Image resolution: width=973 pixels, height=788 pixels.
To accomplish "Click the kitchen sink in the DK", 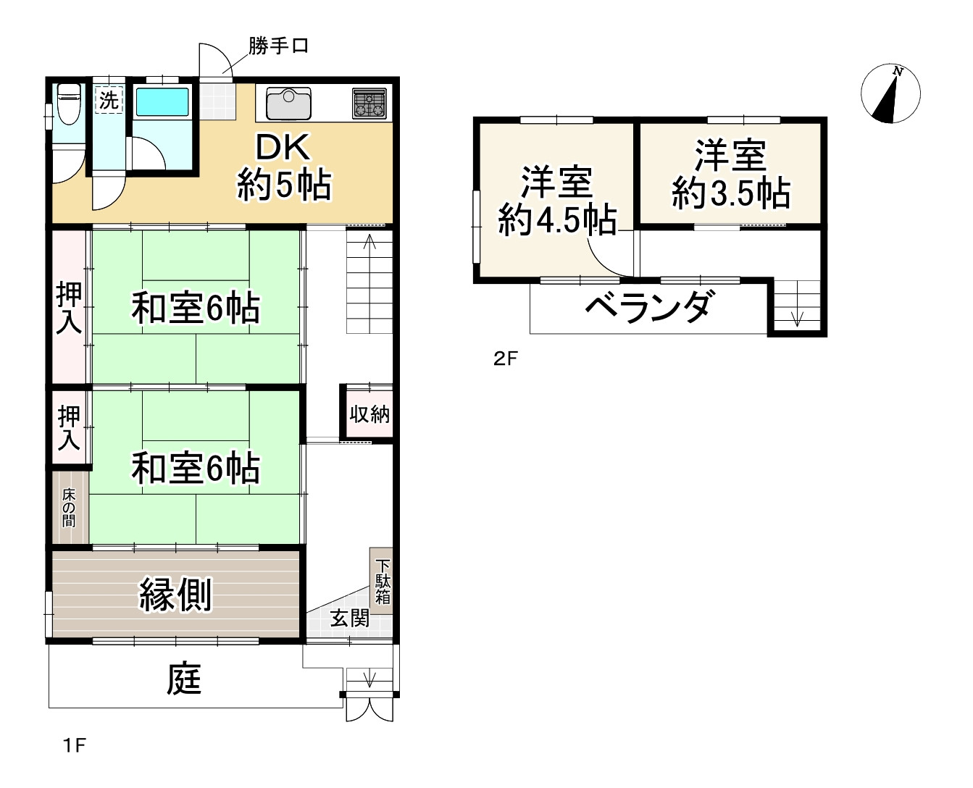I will [x=288, y=103].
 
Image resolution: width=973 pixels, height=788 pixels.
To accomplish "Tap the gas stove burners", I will [x=369, y=103].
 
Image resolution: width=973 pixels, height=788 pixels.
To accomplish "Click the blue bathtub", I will [x=162, y=101].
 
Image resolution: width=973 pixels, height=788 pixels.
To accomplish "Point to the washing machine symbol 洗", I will [x=109, y=100].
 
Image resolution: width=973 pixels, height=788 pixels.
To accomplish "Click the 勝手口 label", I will [x=278, y=46].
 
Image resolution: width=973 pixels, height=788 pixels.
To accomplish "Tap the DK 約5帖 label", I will [x=284, y=167].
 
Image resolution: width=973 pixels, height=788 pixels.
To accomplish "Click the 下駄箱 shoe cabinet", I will [x=382, y=581].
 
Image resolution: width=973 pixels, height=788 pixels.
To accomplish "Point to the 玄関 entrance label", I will [x=349, y=618].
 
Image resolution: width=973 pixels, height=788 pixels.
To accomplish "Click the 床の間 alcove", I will [x=70, y=508].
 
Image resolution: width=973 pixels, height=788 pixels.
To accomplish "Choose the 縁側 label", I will [x=175, y=595].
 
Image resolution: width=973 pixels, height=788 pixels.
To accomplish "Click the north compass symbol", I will [x=890, y=93].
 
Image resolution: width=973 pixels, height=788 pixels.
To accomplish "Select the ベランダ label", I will [x=647, y=307].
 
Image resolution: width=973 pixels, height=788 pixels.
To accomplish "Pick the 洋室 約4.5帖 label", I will [x=556, y=201].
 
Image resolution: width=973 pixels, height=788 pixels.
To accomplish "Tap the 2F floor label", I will [x=506, y=359].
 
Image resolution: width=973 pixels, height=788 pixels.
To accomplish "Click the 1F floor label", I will [x=74, y=745].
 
